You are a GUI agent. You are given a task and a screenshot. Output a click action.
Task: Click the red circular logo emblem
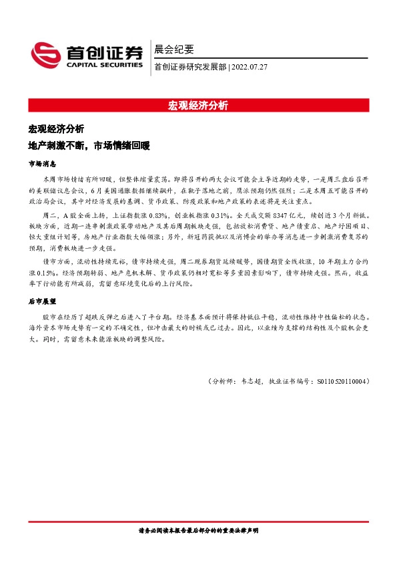coord(45,53)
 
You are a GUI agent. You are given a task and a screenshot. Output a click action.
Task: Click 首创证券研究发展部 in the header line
coord(189,67)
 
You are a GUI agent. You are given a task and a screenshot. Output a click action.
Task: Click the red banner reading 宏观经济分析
coord(198,106)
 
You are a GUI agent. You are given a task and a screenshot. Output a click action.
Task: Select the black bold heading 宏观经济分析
coord(56,128)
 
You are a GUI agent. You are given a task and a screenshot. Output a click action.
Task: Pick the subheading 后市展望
coord(42,302)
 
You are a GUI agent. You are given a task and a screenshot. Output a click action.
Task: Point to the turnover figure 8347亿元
coord(284,217)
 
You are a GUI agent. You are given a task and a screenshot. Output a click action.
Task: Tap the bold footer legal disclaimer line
coord(198,530)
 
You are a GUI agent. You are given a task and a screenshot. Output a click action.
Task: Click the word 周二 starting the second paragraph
coord(49,217)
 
